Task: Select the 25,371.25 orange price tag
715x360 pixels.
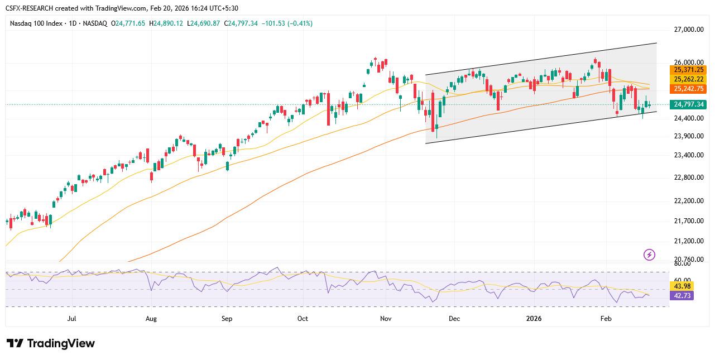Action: pos(688,70)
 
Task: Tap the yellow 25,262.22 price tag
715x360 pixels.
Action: pos(688,79)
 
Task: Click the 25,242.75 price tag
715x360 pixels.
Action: pos(688,89)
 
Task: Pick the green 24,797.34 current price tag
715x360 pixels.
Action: pos(689,104)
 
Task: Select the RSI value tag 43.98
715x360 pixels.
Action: pos(683,286)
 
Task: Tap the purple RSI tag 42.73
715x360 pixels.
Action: pos(683,296)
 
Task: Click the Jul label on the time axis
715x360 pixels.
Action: pos(71,319)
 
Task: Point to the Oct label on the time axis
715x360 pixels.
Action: pos(303,319)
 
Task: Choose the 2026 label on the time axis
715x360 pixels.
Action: pos(535,319)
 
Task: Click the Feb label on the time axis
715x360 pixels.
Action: pos(606,319)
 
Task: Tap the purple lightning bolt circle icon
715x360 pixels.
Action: pos(649,255)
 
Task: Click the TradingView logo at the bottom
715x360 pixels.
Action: pos(51,343)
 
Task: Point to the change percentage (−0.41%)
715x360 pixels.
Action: pos(300,23)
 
